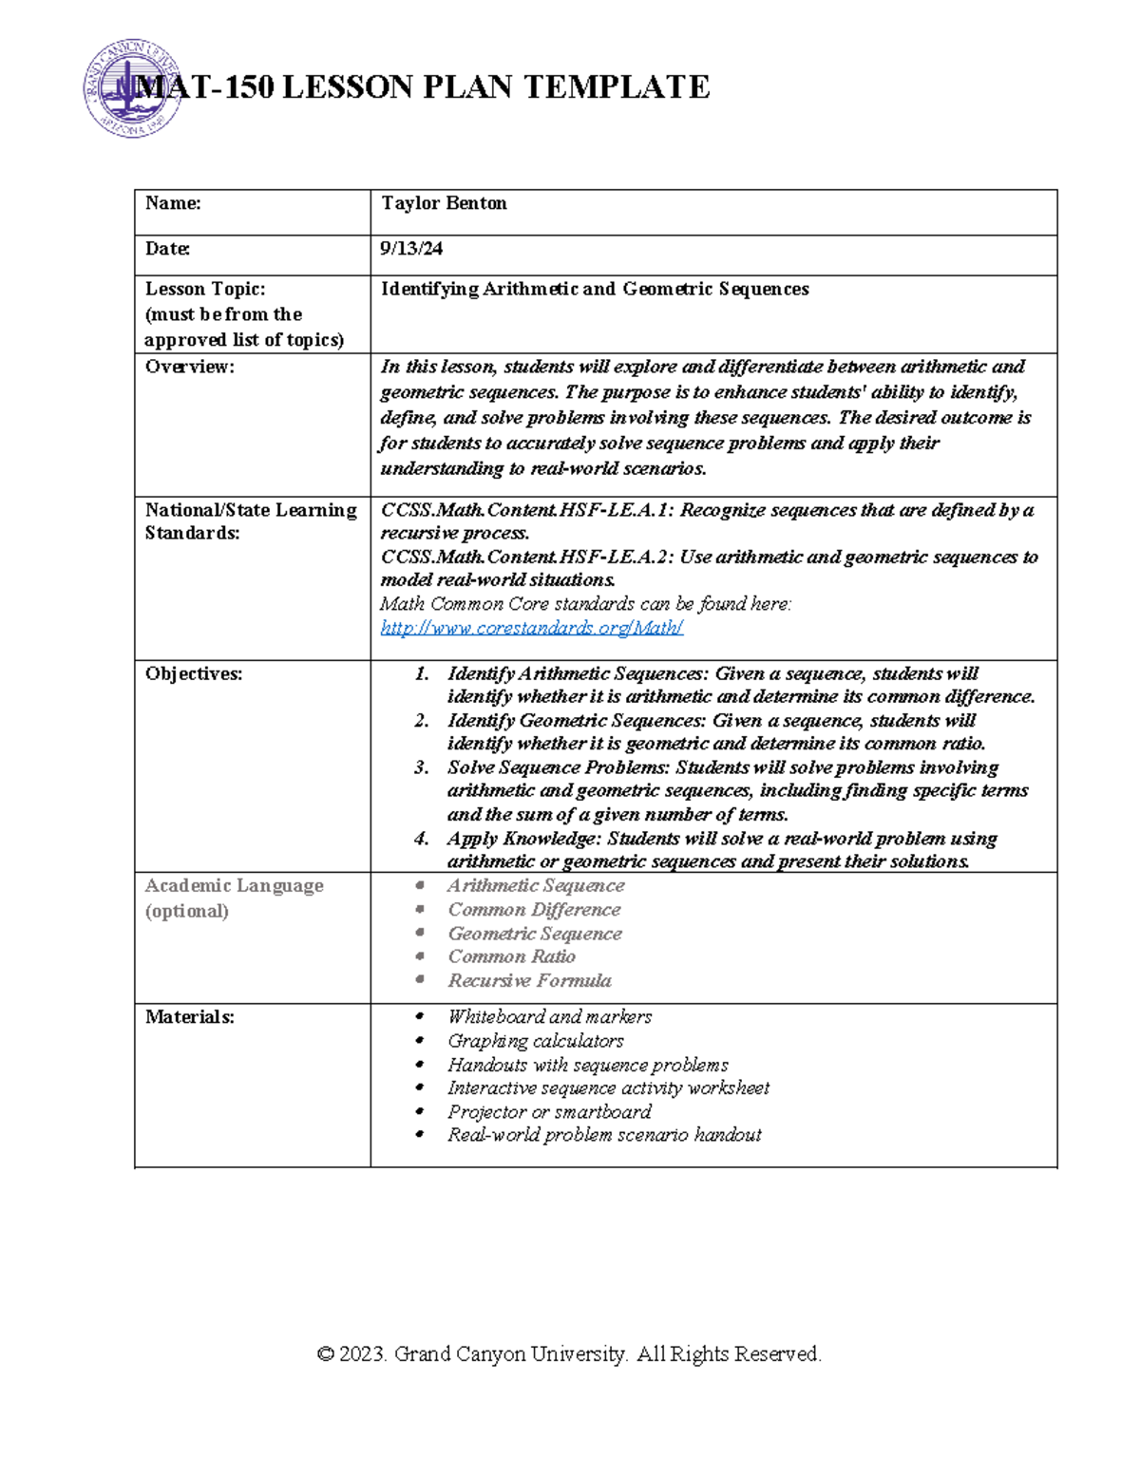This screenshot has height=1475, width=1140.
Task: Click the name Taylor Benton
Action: pyautogui.click(x=444, y=203)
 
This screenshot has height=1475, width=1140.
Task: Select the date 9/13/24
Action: pyautogui.click(x=411, y=249)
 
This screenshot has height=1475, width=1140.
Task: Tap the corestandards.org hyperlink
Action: pyautogui.click(x=531, y=628)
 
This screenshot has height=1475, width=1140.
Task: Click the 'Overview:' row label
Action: pyautogui.click(x=189, y=367)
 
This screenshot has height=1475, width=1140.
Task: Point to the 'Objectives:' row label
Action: pyautogui.click(x=193, y=674)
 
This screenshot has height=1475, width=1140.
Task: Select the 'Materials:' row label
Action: pyautogui.click(x=189, y=1017)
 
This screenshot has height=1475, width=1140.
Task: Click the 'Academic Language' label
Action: pyautogui.click(x=234, y=886)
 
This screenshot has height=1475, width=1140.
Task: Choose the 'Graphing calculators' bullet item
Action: pyautogui.click(x=535, y=1041)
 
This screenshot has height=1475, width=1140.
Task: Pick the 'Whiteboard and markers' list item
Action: pyautogui.click(x=549, y=1017)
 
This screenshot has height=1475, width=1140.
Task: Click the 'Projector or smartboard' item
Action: pyautogui.click(x=549, y=1112)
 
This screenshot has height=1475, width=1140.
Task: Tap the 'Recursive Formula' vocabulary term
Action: pyautogui.click(x=529, y=981)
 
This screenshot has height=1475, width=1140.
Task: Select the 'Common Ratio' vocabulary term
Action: pyautogui.click(x=511, y=957)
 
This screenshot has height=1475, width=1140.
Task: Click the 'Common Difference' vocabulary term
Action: pyautogui.click(x=534, y=910)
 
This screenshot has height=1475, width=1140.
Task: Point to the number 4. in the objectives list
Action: pyautogui.click(x=422, y=839)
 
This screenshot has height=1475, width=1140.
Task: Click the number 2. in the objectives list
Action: pyautogui.click(x=422, y=721)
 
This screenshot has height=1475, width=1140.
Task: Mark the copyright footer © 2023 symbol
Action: pyautogui.click(x=326, y=1354)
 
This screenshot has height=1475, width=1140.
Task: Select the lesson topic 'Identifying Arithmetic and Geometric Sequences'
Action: pyautogui.click(x=595, y=290)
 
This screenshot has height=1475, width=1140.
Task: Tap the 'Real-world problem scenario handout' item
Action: pyautogui.click(x=604, y=1135)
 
